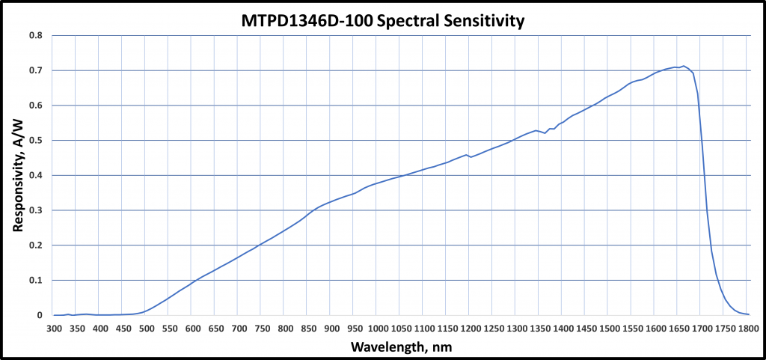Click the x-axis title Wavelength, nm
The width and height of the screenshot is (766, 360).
401,347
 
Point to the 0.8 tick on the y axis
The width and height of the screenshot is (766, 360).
35,35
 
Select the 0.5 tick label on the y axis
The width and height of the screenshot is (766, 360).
35,141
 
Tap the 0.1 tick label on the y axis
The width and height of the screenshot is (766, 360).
35,281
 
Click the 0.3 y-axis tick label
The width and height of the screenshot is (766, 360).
35,210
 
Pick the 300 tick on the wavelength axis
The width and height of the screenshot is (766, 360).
54,328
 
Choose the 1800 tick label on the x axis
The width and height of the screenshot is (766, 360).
749,328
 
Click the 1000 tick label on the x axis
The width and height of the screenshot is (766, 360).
378,328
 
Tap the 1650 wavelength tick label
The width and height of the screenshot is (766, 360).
679,328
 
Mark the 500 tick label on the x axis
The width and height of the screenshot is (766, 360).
147,328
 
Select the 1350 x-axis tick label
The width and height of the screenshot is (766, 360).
540,328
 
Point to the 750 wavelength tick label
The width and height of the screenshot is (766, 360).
263,328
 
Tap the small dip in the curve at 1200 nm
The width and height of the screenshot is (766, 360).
471,157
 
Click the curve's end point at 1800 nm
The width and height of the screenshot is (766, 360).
749,314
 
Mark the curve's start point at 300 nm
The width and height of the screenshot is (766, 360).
54,315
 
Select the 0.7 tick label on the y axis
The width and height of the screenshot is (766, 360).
35,70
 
